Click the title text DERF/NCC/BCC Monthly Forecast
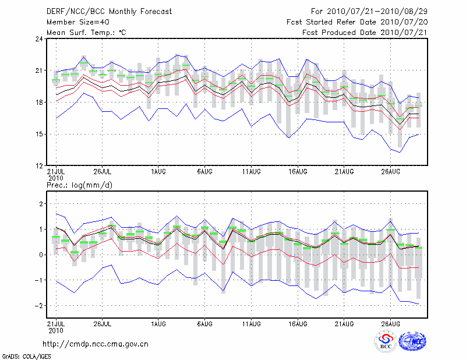point(109,12)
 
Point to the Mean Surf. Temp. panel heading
point(86,33)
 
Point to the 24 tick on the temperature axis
point(39,39)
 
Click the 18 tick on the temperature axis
point(39,103)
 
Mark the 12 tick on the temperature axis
point(39,166)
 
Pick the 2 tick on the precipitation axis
point(41,204)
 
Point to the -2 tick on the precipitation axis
point(39,306)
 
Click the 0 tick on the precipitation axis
point(41,255)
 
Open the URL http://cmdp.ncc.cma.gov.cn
point(96,344)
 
